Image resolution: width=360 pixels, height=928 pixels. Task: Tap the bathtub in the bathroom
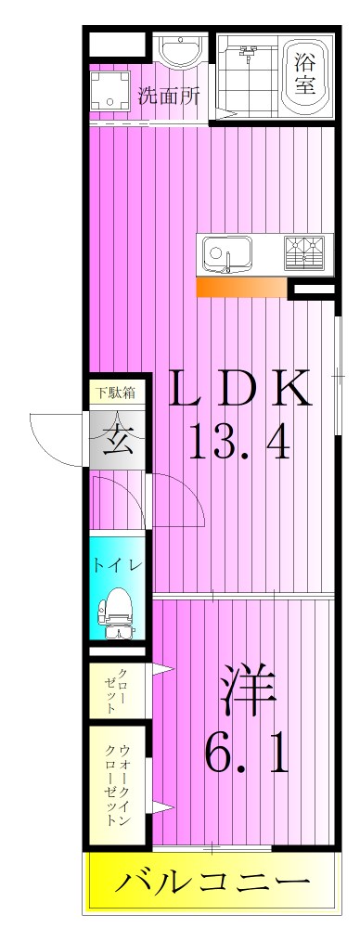[303, 76]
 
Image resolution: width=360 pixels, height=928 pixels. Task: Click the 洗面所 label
[169, 96]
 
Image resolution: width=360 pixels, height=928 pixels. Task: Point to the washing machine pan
[112, 91]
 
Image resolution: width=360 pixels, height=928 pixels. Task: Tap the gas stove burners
[305, 252]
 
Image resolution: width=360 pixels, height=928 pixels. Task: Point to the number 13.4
[239, 443]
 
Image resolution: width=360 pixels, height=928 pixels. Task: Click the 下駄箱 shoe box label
[117, 392]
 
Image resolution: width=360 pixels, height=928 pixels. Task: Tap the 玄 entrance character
[118, 437]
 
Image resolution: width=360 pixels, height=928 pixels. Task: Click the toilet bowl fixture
[117, 612]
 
